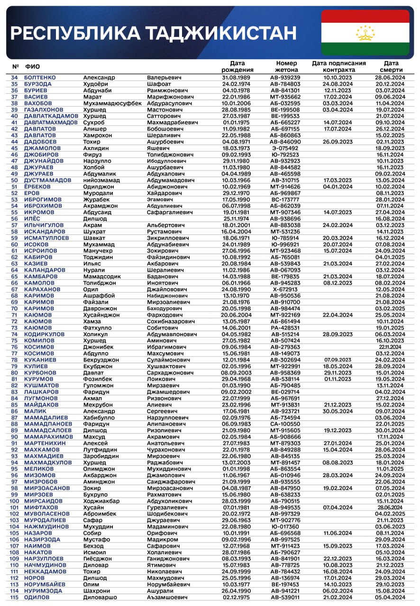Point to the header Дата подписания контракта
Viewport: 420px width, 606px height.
338,66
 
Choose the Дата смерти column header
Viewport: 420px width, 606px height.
391,66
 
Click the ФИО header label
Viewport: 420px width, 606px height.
32,66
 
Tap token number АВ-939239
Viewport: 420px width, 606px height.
285,78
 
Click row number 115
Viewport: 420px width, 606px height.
14,597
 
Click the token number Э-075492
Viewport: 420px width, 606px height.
285,148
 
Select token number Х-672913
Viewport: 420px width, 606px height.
285,289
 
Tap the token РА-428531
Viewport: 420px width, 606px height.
285,328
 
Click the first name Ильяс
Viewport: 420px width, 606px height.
92,264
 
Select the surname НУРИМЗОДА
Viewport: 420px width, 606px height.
43,591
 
